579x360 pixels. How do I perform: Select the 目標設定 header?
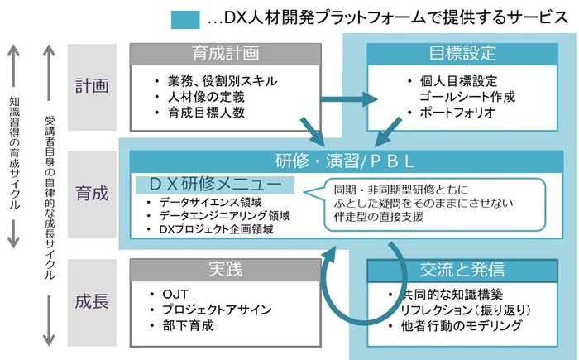462,54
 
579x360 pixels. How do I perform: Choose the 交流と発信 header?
462,270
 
